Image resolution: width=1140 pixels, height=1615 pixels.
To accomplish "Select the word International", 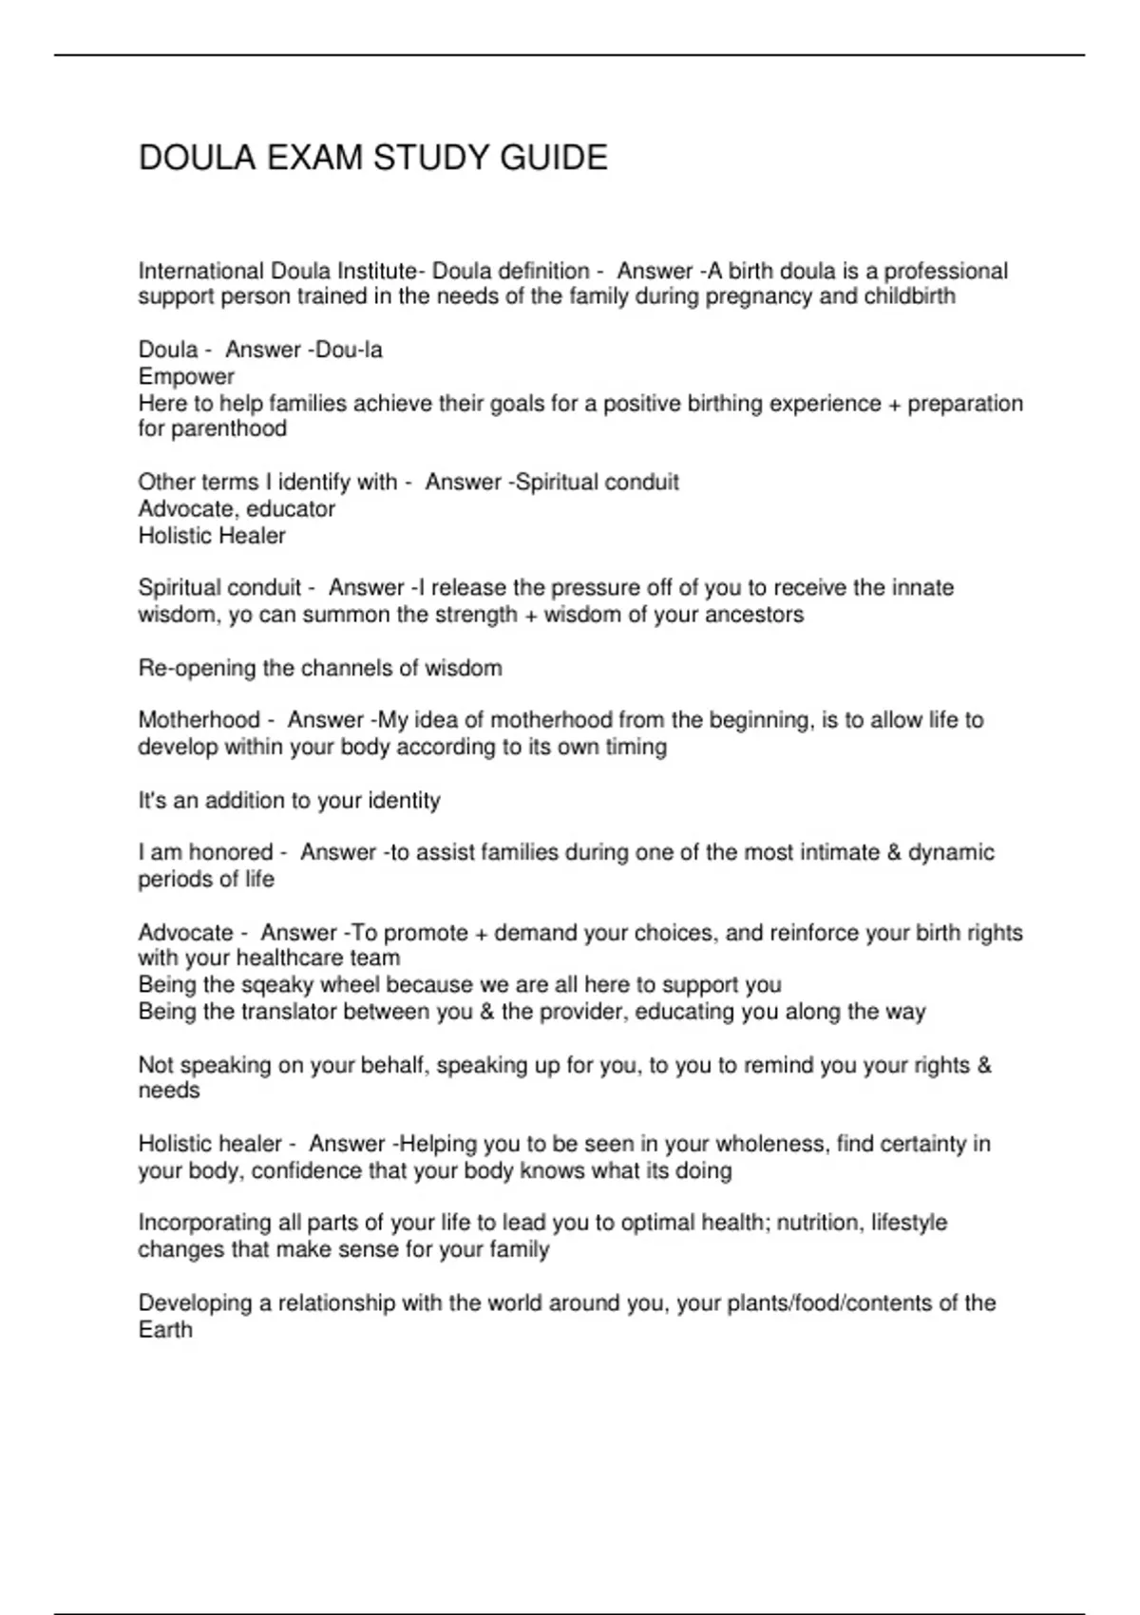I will (x=201, y=272).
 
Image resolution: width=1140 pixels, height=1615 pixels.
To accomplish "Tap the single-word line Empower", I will (x=186, y=377).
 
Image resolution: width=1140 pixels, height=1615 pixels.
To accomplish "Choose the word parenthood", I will (x=229, y=429).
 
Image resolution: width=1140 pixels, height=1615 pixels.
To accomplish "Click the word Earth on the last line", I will (x=165, y=1330).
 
